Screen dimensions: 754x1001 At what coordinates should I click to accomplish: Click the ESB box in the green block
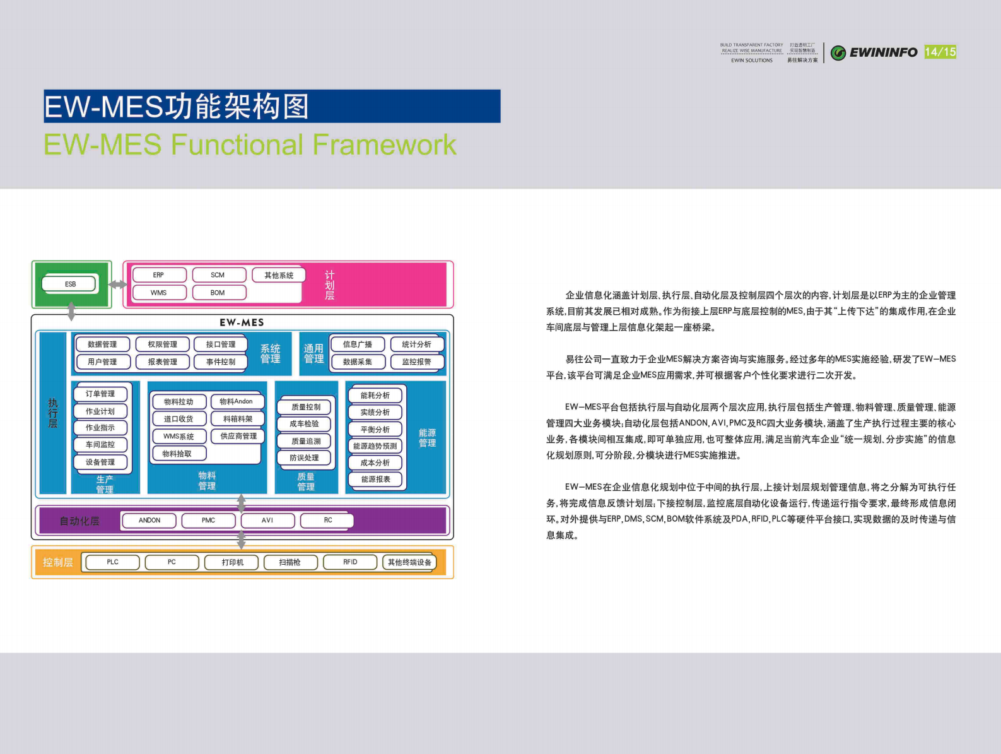[70, 284]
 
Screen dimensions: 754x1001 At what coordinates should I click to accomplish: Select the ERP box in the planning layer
[158, 275]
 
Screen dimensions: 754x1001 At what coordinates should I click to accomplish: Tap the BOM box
[218, 293]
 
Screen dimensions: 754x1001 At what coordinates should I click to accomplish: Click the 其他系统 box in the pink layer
[279, 275]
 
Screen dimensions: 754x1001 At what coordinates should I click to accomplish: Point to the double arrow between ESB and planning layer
[118, 285]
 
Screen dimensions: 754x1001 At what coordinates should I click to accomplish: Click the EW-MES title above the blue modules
[242, 322]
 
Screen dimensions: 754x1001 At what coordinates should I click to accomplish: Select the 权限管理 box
[162, 345]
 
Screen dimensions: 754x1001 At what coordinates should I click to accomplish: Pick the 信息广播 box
[357, 345]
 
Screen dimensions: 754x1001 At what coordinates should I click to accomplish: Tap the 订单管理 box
[100, 394]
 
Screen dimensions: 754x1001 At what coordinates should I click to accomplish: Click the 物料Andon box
[237, 401]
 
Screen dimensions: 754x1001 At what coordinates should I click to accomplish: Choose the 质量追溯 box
[305, 441]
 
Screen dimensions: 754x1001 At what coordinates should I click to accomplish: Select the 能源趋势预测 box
[375, 446]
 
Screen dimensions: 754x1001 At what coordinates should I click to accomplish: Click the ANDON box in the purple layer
[149, 521]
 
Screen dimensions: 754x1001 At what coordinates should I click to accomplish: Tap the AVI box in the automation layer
[267, 521]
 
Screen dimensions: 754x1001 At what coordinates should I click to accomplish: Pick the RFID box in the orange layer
[350, 562]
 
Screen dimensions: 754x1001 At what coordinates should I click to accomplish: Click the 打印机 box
[232, 562]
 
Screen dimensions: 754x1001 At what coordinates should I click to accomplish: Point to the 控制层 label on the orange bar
[57, 562]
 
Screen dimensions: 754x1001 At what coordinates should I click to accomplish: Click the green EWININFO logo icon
[838, 53]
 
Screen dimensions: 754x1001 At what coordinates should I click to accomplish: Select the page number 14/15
[940, 52]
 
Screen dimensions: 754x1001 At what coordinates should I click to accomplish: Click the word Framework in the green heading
[383, 145]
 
